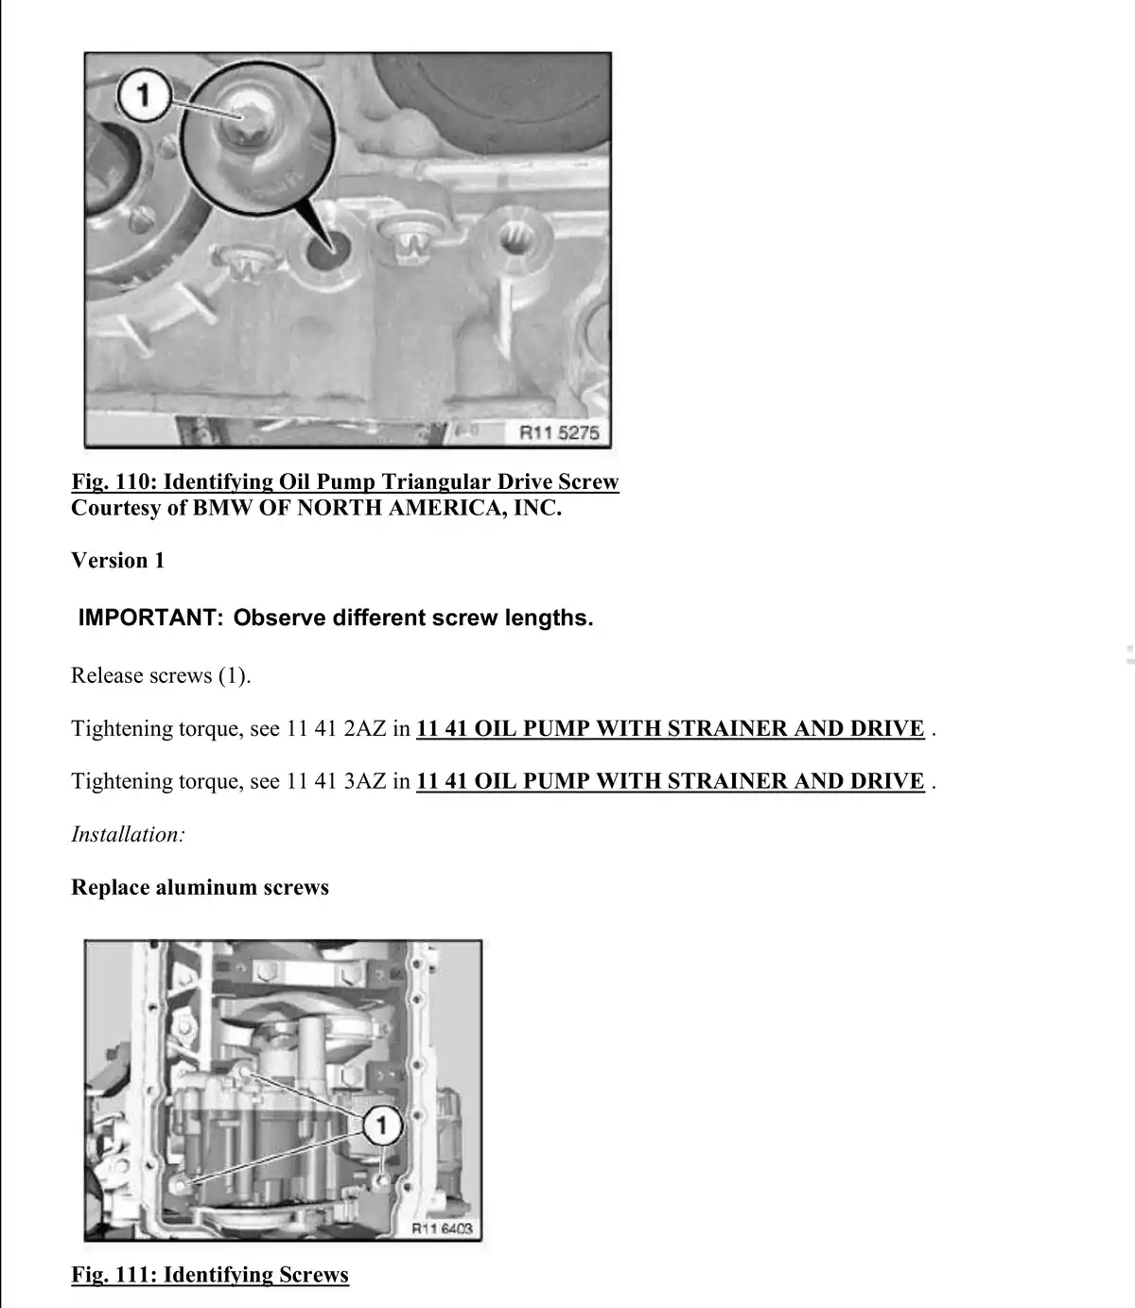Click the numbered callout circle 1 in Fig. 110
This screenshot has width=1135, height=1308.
coord(144,96)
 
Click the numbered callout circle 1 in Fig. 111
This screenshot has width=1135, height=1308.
coord(382,1125)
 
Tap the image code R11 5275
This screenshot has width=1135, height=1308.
coord(559,433)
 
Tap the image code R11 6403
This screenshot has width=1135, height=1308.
coord(442,1229)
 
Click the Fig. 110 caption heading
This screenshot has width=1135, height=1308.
coord(345,481)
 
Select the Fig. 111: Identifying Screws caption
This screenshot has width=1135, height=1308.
coord(210,1274)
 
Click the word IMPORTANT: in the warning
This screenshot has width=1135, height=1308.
coord(150,618)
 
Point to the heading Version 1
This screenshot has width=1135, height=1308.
coord(117,560)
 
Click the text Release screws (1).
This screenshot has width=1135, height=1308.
coord(161,675)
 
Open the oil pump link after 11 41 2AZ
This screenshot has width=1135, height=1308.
coord(671,728)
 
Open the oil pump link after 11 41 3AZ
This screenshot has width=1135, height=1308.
coord(671,780)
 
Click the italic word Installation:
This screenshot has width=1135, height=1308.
coord(128,834)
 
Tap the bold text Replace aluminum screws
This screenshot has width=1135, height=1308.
coord(200,887)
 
